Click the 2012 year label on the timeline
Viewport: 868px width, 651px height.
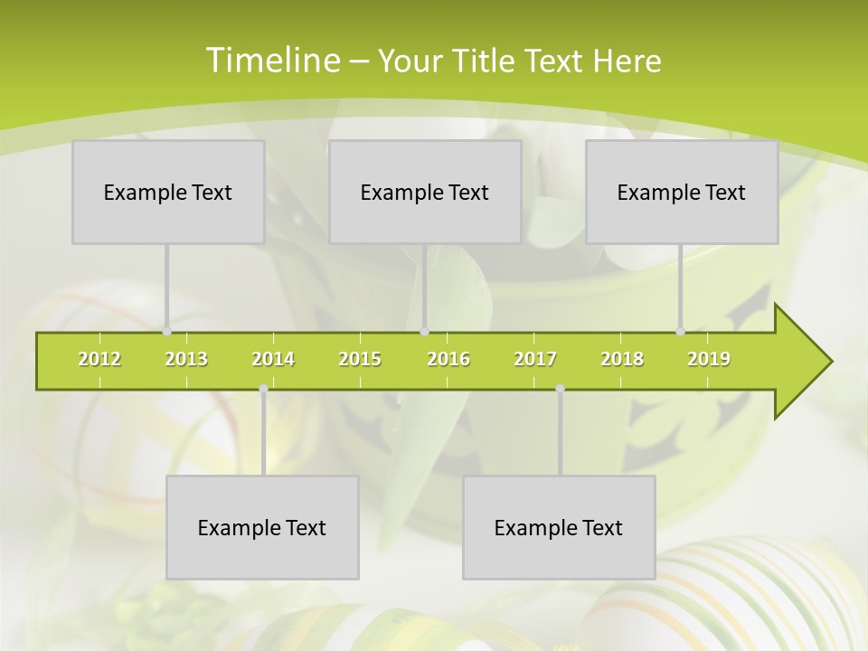[99, 359]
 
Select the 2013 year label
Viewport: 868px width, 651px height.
[186, 359]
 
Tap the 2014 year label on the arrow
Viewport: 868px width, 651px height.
[273, 359]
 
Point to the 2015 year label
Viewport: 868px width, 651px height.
[360, 359]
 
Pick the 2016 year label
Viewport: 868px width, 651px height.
[448, 359]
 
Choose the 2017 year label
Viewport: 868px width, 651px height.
[535, 359]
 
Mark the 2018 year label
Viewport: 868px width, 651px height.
[622, 359]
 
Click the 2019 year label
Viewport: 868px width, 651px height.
[709, 359]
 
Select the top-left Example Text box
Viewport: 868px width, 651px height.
[168, 192]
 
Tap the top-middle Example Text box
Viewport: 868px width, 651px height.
[425, 192]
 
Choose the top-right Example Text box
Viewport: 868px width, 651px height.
[682, 192]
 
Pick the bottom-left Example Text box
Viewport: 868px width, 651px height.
[262, 527]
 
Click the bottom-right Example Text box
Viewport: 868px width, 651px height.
[559, 527]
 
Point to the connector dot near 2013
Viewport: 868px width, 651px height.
[166, 332]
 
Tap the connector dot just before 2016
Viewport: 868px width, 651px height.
[424, 332]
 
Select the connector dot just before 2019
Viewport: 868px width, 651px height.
[681, 332]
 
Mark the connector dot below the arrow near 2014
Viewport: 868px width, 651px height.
[263, 389]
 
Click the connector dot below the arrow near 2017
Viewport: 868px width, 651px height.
[560, 389]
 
